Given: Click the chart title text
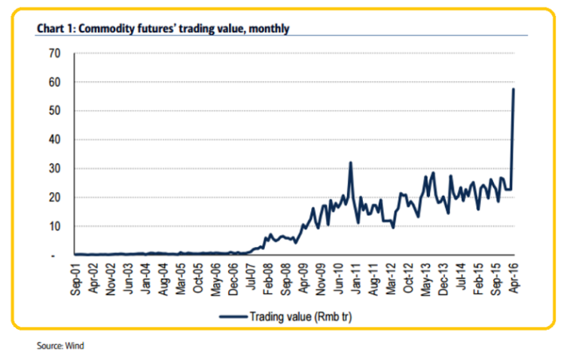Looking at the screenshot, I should [163, 29].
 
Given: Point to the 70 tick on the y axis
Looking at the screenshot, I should [54, 53].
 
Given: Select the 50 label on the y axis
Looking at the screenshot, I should [54, 111].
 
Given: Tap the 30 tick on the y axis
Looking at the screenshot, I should [54, 169].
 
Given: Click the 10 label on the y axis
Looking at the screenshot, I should [54, 227].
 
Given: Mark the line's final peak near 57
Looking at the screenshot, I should [514, 90].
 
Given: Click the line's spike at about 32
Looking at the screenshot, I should [351, 163].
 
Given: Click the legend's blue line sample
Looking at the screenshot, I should [233, 317].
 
